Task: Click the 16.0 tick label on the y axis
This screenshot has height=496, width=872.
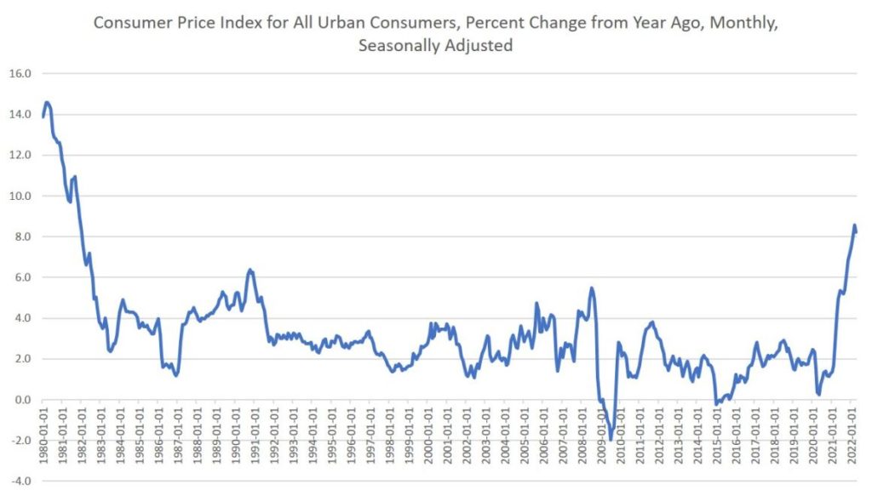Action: [x=19, y=73]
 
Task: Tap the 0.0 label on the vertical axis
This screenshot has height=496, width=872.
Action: [x=21, y=400]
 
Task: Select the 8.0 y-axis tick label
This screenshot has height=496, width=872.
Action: [x=21, y=237]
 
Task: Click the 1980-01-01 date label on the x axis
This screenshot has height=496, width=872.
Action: [x=43, y=439]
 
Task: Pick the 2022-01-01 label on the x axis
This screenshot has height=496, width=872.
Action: [x=852, y=439]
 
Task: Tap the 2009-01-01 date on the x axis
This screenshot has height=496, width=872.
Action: [x=602, y=439]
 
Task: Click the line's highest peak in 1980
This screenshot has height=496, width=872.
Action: [x=47, y=102]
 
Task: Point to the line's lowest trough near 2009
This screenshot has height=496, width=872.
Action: [x=611, y=440]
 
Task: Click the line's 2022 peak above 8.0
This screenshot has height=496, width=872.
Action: [x=854, y=225]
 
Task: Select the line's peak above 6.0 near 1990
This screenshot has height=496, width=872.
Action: [x=250, y=270]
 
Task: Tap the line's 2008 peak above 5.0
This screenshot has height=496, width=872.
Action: [x=592, y=288]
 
